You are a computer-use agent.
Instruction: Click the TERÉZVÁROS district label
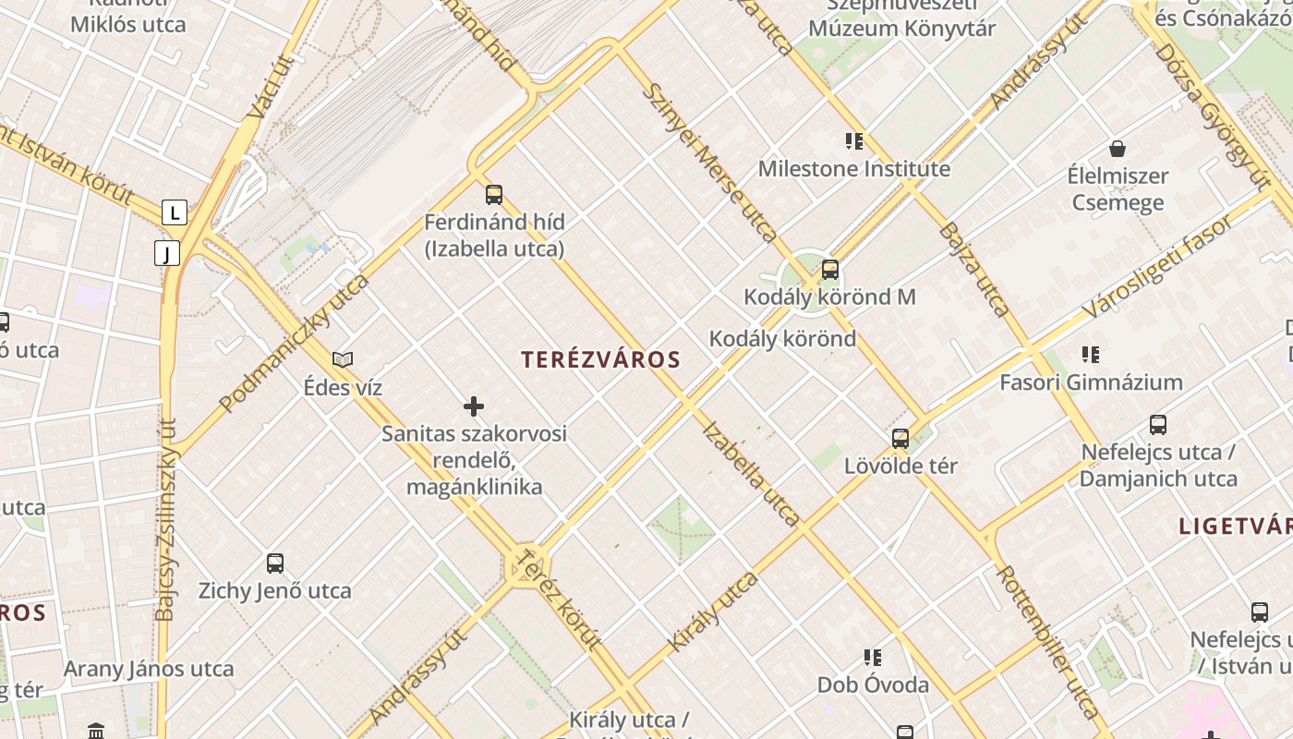click(600, 359)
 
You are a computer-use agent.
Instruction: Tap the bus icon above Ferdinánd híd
click(494, 195)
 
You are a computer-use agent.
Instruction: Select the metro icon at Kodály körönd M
click(830, 270)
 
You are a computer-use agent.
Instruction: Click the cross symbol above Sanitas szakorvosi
click(474, 406)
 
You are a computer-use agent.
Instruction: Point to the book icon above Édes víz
click(343, 359)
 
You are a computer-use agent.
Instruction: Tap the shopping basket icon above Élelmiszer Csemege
click(1118, 149)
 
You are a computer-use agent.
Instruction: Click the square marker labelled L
click(175, 212)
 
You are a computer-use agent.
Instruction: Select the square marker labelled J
click(166, 253)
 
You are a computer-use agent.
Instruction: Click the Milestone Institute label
click(853, 169)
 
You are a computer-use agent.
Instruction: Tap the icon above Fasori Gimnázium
click(1091, 355)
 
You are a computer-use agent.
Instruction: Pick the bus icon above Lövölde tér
click(900, 439)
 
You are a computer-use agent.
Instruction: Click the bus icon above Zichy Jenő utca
click(275, 563)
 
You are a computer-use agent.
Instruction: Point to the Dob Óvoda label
click(873, 684)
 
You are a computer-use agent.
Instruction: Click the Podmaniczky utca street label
click(295, 343)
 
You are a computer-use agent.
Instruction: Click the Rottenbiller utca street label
click(1047, 641)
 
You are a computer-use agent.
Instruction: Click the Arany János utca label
click(149, 669)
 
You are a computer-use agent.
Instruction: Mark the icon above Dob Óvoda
click(873, 658)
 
